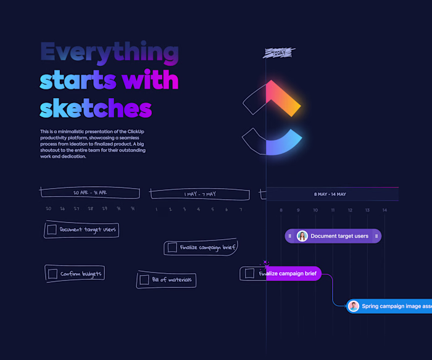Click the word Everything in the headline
tap(109, 52)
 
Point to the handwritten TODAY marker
tap(278, 53)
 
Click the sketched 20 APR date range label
tap(89, 192)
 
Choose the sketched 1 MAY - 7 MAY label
tap(200, 194)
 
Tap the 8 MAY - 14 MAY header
tap(330, 194)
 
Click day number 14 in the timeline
tap(384, 210)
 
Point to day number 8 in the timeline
tap(281, 210)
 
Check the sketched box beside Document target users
tap(52, 230)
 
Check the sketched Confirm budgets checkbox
tap(53, 274)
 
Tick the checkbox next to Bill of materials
tap(144, 280)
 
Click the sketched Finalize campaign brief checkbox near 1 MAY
tap(172, 248)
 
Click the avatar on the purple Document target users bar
tap(302, 236)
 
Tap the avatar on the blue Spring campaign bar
tap(354, 306)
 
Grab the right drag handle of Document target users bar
tap(376, 236)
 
